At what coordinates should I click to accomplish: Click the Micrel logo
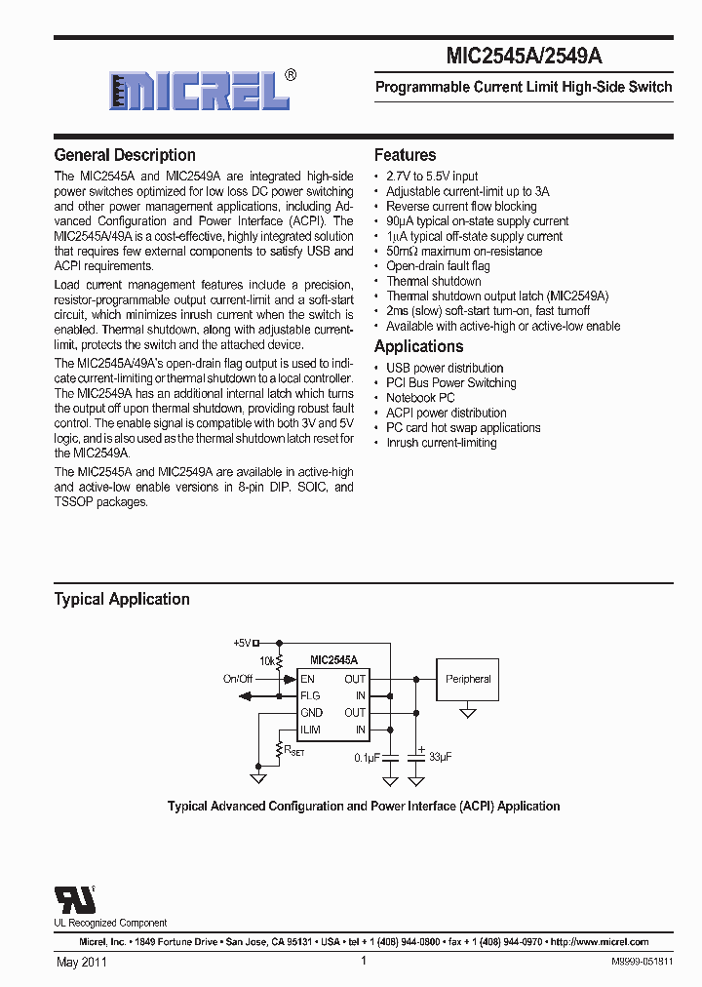pos(200,91)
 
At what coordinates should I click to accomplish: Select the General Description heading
pos(125,155)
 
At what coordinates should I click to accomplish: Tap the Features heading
pos(405,155)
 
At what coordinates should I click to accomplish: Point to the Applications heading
pos(418,347)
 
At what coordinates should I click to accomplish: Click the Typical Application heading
pos(122,599)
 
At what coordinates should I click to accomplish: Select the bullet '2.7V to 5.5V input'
pos(432,177)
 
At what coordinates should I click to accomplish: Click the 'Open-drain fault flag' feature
pos(438,266)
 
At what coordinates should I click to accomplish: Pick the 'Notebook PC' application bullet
pos(420,398)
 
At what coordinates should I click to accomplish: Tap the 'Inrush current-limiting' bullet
pos(441,443)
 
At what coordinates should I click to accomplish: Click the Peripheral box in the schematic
pos(468,679)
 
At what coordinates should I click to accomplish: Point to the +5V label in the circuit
pos(242,643)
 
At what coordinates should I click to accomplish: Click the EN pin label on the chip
pos(307,679)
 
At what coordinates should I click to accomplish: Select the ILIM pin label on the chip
pos(310,730)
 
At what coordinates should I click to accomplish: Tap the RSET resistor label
pos(292,751)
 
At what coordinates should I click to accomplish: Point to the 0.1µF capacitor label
pos(367,757)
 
